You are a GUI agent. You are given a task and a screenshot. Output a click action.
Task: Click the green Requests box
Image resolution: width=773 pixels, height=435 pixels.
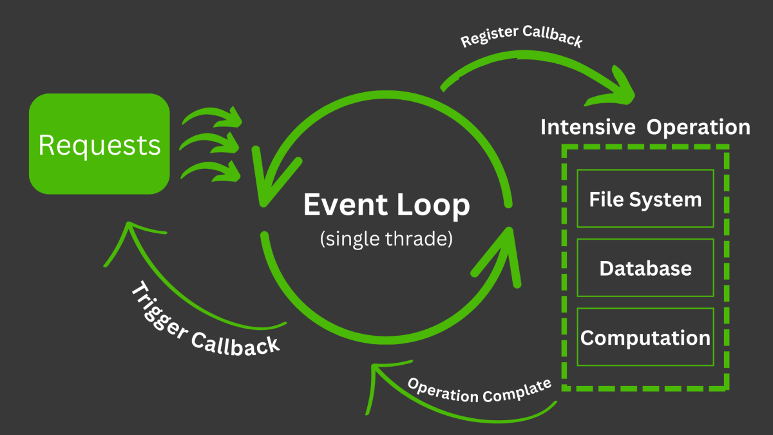[99, 144]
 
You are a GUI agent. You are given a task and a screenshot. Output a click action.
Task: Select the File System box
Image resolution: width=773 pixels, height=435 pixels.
[645, 198]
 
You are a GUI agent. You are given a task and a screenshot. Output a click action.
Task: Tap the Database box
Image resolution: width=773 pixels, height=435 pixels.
[645, 267]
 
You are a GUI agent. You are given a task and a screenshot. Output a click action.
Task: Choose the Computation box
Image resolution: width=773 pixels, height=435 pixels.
[645, 337]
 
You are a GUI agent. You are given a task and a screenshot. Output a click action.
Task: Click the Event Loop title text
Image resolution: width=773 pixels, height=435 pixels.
[386, 206]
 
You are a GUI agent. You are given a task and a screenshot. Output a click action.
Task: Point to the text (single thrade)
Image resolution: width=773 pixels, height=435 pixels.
[386, 238]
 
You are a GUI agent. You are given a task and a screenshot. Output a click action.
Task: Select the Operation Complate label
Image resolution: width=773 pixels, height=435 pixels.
[480, 390]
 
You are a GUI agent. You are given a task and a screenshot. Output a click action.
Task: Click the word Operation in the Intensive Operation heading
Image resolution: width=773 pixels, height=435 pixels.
[698, 127]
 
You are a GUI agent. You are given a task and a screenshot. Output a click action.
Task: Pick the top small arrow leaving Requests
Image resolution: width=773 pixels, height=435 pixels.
[213, 116]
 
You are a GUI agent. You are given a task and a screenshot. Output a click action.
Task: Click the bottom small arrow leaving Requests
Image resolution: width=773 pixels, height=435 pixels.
[213, 170]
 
